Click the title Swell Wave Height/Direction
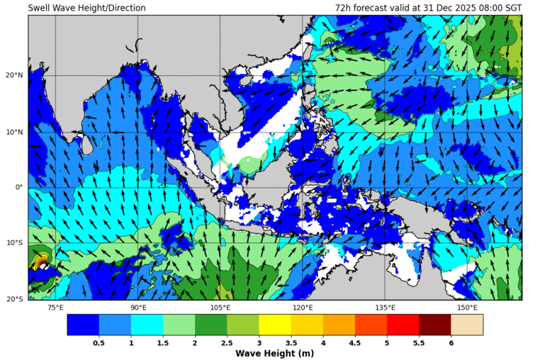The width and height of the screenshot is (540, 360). (x=86, y=8)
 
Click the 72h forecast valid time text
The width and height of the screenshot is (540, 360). (x=428, y=8)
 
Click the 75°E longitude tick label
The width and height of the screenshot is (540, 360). (x=55, y=308)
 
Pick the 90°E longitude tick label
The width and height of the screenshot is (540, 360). (x=138, y=308)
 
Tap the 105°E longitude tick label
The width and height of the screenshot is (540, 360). (x=220, y=308)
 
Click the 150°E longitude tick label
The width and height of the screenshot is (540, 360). (x=467, y=308)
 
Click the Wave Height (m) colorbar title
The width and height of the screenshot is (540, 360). (x=274, y=354)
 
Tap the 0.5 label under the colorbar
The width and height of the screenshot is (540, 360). (x=99, y=343)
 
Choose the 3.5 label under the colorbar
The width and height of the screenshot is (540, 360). (x=291, y=343)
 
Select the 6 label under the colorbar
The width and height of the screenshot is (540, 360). (x=451, y=343)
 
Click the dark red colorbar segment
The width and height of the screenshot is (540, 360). (x=434, y=325)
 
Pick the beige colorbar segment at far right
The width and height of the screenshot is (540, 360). (x=467, y=325)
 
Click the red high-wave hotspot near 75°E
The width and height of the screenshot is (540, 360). (x=41, y=264)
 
